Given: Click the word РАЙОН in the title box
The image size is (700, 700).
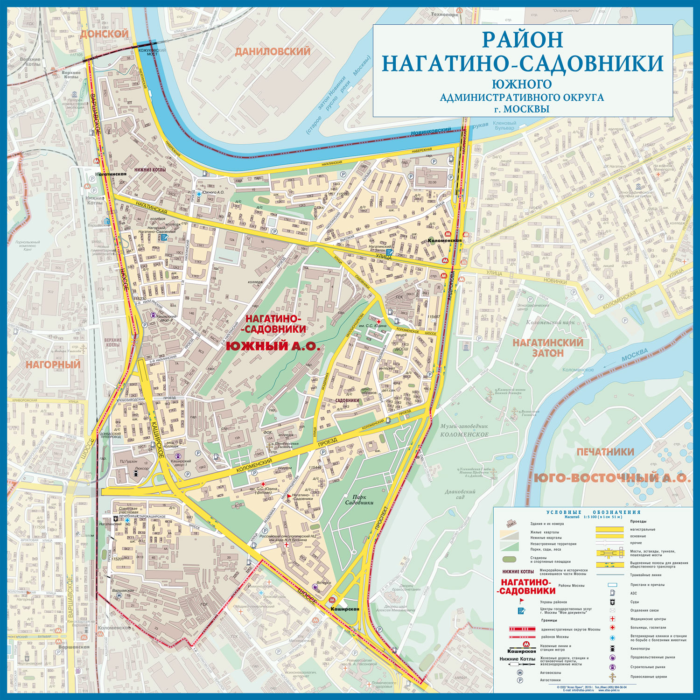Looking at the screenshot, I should tap(522, 40).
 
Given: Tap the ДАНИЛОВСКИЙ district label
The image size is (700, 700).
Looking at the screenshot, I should tap(273, 51).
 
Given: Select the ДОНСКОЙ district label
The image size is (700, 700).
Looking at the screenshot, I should tap(104, 34).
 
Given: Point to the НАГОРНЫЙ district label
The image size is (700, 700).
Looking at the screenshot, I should tap(53, 365).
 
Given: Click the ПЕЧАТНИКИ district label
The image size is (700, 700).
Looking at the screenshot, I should tap(605, 452).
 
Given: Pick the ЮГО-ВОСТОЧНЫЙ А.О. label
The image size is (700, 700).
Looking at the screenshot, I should tap(612, 478).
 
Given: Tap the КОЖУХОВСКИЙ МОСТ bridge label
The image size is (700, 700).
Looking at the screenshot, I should tap(152, 51).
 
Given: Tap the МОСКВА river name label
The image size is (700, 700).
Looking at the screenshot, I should tap(634, 355).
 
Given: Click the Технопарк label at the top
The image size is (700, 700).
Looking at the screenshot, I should tap(445, 14).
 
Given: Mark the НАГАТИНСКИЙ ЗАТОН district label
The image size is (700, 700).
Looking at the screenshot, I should tap(548, 348).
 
